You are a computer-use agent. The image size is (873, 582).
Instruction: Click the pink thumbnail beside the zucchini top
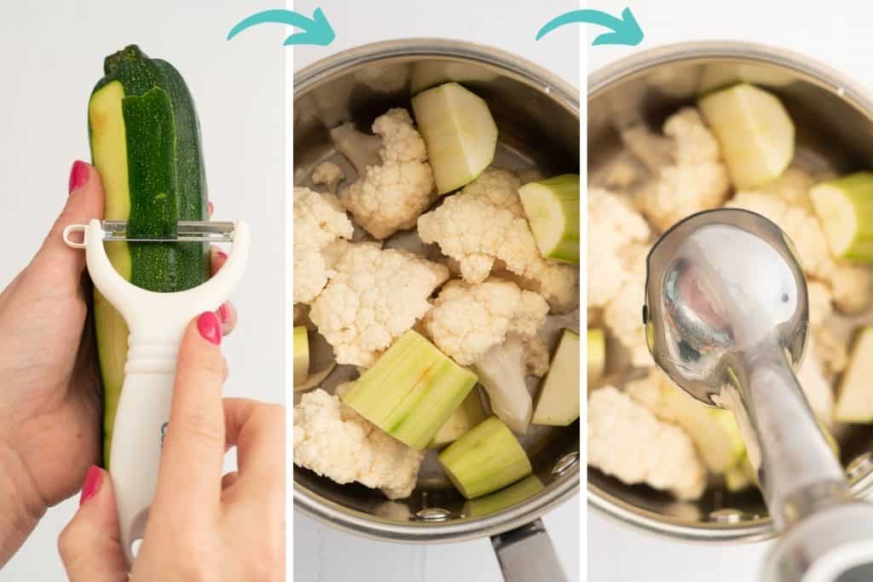pos(78,176)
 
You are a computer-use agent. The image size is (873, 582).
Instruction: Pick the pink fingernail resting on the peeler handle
pos(209,327)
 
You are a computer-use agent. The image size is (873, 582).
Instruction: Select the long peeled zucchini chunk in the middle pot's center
pos(410,388)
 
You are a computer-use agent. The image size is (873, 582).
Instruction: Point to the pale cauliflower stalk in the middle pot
pos(505,383)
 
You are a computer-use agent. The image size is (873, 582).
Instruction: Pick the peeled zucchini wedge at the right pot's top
pos(747,132)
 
